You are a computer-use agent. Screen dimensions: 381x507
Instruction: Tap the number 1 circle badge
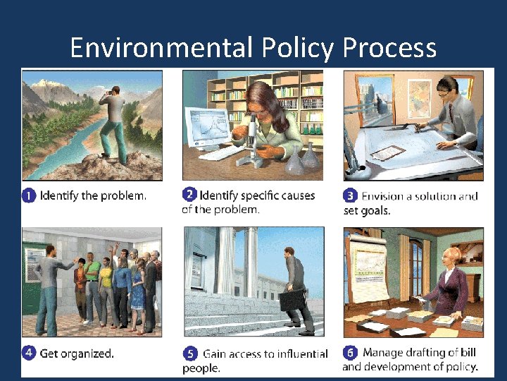click(29, 196)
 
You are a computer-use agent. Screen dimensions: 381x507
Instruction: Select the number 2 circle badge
click(189, 194)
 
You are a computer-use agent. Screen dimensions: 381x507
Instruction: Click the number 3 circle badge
click(349, 195)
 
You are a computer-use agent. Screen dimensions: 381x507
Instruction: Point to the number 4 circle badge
click(29, 353)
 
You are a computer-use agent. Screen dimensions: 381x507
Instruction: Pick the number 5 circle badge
click(189, 353)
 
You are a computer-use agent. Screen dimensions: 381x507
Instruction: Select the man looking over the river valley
click(113, 123)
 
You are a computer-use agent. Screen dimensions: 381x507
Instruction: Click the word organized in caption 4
click(87, 353)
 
